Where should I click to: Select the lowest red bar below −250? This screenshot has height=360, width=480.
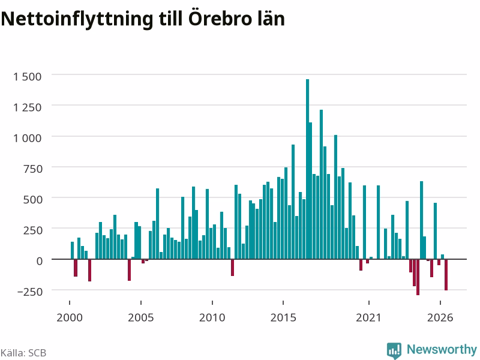(418, 277)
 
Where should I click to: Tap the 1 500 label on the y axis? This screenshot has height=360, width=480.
(27, 77)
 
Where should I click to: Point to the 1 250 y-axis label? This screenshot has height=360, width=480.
(27, 107)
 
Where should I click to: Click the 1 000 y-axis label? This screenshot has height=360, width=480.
(27, 138)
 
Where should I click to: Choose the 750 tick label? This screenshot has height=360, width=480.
(33, 169)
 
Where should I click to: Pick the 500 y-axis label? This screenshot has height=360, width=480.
(33, 200)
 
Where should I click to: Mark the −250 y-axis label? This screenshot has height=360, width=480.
(30, 292)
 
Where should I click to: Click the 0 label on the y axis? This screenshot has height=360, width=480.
(40, 261)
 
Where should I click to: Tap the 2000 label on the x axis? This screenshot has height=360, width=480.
(70, 317)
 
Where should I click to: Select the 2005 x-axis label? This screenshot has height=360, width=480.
(141, 317)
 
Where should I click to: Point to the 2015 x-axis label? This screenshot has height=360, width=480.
(283, 317)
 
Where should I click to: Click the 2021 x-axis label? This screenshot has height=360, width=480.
(368, 317)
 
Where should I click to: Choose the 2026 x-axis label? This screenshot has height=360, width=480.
(440, 317)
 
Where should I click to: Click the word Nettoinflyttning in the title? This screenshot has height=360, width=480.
(77, 19)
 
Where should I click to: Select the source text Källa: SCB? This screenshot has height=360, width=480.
(23, 353)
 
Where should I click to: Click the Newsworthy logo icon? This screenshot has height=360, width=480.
(394, 350)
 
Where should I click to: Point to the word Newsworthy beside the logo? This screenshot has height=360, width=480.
(442, 349)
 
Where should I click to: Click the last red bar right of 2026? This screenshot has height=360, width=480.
(446, 275)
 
